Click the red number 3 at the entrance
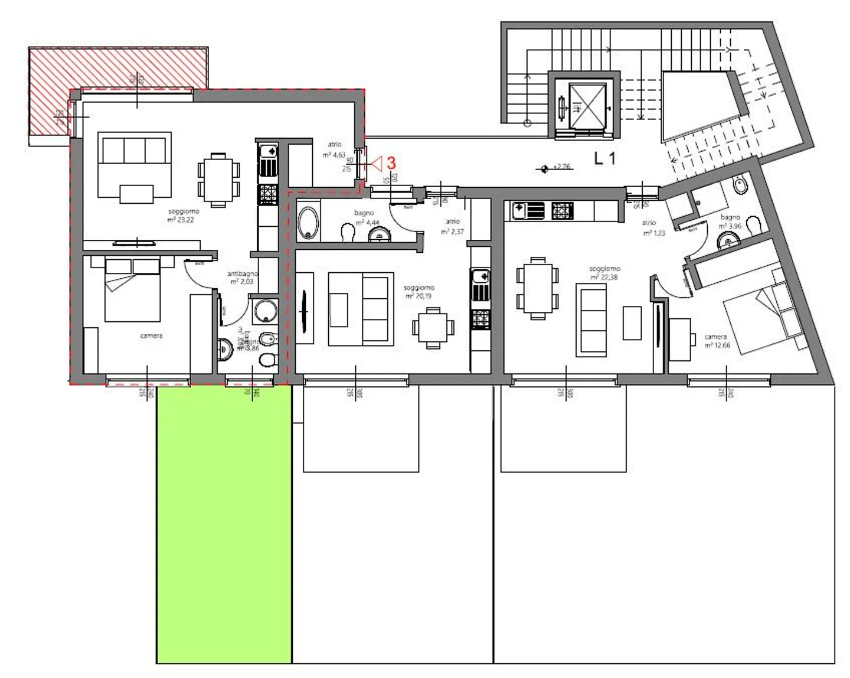390,163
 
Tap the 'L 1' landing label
605,158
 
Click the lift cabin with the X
587,105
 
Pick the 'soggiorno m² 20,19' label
419,292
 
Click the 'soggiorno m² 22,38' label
604,273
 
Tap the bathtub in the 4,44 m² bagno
308,222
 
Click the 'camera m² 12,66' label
716,341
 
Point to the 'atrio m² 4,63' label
334,150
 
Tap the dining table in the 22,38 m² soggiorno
537,288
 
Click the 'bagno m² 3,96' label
730,221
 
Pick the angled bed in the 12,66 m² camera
761,319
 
